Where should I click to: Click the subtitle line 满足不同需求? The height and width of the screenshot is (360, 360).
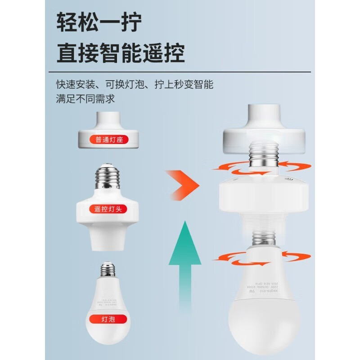pyautogui.click(x=85, y=99)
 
